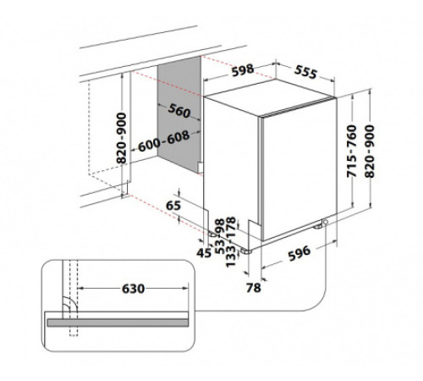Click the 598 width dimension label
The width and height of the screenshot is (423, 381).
click(x=243, y=70)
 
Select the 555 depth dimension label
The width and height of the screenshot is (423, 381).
click(x=305, y=72)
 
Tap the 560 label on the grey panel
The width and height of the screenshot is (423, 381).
click(x=179, y=111)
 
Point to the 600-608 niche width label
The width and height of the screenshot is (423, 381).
click(x=163, y=141)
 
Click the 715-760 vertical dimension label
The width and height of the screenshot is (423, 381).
click(x=352, y=152)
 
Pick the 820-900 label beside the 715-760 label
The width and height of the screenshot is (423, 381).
click(x=370, y=152)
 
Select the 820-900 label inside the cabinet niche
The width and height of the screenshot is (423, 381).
click(x=122, y=138)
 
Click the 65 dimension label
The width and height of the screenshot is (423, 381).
click(x=173, y=206)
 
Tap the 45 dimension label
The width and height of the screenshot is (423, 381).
click(x=204, y=253)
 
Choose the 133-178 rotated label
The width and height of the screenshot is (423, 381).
click(x=231, y=242)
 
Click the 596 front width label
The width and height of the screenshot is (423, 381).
click(x=299, y=253)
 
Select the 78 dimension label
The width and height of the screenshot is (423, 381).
click(x=254, y=288)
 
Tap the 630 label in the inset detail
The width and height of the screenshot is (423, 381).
click(x=133, y=289)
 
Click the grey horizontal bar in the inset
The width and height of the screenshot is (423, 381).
click(x=118, y=323)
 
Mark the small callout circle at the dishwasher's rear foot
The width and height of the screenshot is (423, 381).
click(x=326, y=222)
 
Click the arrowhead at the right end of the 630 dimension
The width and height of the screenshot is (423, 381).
click(x=185, y=288)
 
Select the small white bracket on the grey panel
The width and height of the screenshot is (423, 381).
click(x=200, y=168)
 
